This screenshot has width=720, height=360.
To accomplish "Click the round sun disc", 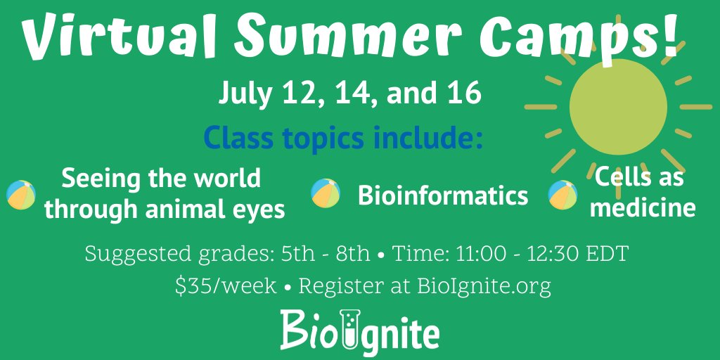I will (617, 106).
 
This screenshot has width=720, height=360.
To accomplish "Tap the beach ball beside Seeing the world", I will (20, 195).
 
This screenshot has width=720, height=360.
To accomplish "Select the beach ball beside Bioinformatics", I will (326, 193).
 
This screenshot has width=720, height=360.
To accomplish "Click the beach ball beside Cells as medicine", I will (562, 195).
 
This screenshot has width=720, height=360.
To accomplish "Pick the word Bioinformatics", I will (443, 195).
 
